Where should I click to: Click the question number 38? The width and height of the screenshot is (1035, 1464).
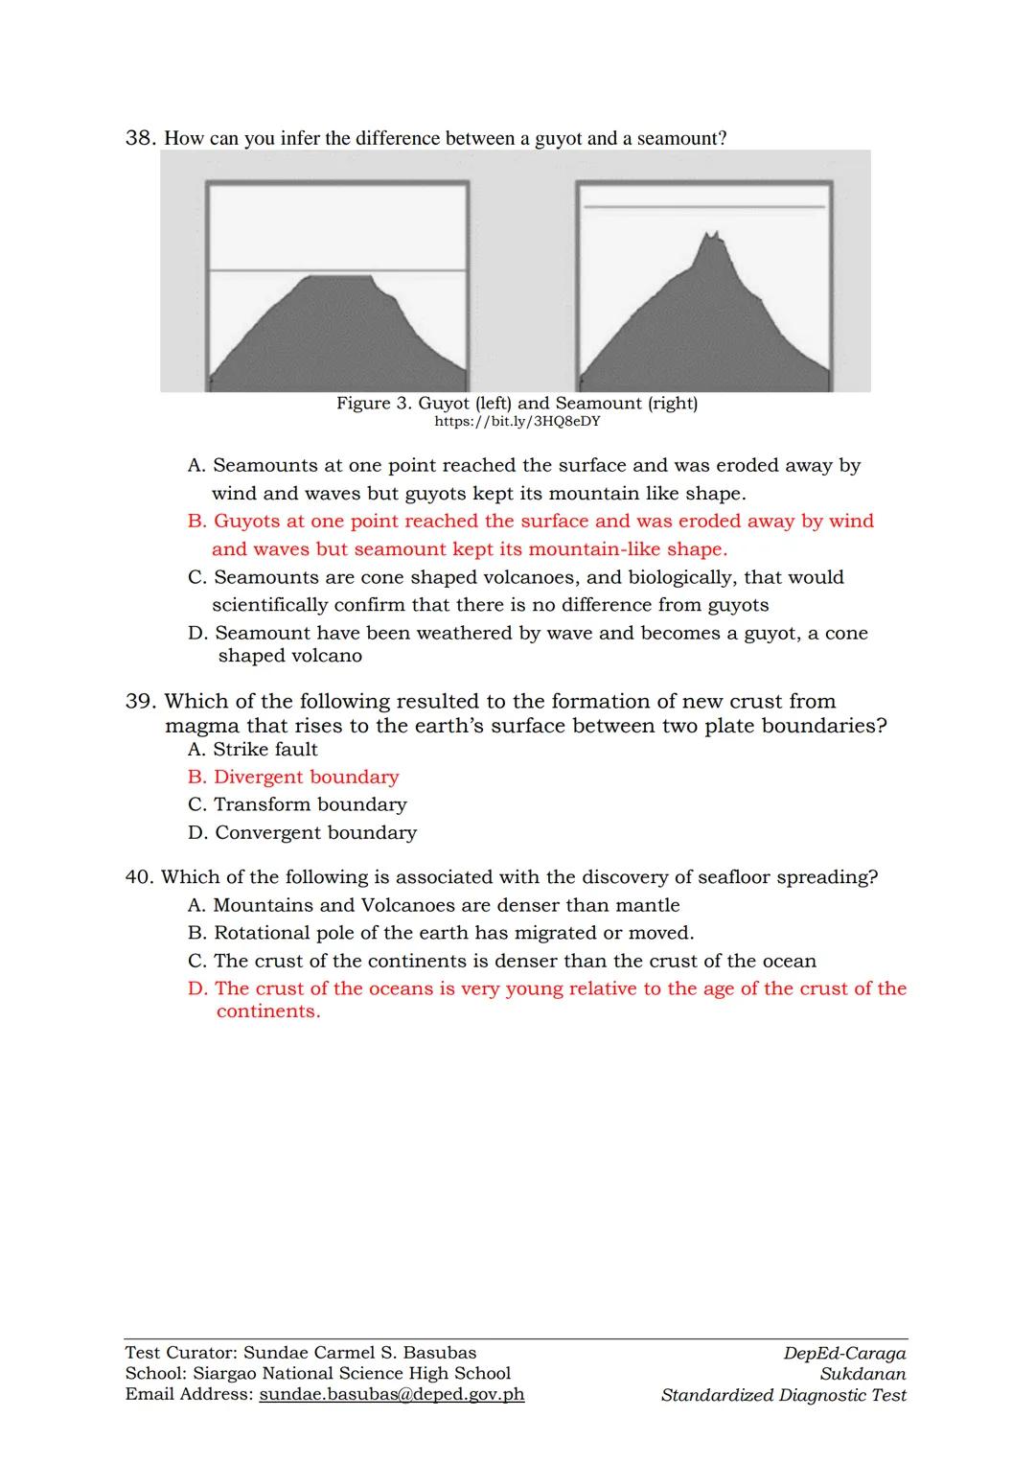click(140, 138)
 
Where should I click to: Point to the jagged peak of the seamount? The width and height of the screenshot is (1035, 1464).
click(711, 237)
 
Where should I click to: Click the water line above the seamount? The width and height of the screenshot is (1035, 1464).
click(704, 206)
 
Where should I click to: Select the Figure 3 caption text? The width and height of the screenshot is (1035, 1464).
click(517, 404)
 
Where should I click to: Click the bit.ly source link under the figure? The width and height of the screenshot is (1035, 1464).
click(517, 422)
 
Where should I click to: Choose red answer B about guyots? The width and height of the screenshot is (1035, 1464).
click(530, 535)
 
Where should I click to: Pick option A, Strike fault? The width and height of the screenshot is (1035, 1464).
click(253, 750)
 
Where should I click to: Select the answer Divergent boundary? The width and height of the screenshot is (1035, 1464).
click(293, 778)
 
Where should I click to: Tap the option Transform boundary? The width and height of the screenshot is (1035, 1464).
click(297, 805)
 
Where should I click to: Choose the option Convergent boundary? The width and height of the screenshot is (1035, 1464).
click(302, 833)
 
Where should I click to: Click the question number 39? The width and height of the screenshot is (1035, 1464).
click(140, 702)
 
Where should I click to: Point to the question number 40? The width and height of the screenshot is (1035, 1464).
click(139, 877)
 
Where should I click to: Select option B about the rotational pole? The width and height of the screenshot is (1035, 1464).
click(441, 933)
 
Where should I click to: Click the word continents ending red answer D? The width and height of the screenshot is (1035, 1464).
click(267, 1012)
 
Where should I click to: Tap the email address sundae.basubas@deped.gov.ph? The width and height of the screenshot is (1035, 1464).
click(391, 1395)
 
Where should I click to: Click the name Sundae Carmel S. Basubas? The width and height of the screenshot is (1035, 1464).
click(359, 1353)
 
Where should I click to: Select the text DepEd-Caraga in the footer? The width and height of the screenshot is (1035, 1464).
click(844, 1354)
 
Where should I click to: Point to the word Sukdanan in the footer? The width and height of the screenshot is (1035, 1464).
click(862, 1374)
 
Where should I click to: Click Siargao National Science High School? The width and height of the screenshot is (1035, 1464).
click(352, 1374)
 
